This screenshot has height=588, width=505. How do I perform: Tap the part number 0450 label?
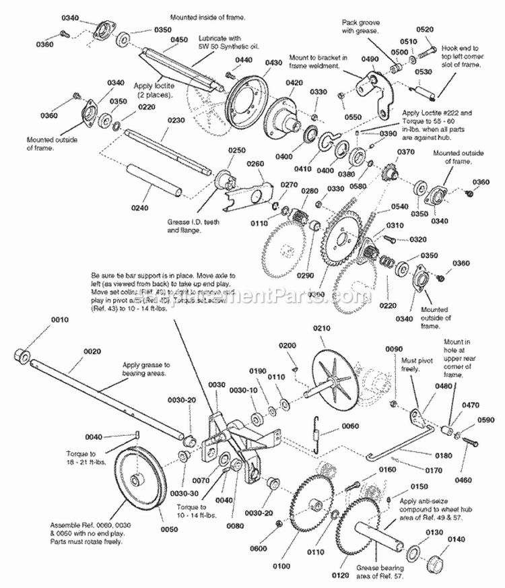pos(179,40)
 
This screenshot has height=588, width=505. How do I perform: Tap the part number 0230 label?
pos(176,121)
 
